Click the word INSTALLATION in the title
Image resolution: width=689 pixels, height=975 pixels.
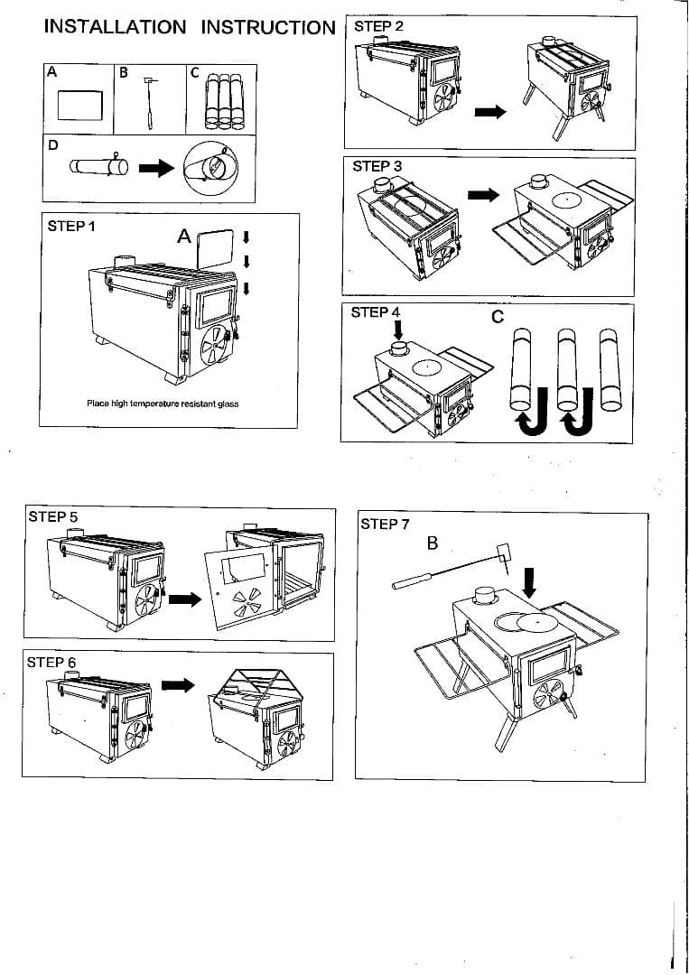pos(115,26)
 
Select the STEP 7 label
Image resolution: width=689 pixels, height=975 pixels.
pos(386,524)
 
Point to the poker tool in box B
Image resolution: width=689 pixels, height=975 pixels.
pos(149,104)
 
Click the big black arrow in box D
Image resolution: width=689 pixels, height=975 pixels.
pos(154,168)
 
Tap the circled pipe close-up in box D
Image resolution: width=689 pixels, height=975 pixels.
pos(212,168)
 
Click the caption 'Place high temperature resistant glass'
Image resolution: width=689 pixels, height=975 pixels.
pos(163,404)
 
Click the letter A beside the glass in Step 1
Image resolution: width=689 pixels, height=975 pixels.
pos(184,237)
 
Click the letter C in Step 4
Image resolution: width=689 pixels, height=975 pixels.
pos(498,318)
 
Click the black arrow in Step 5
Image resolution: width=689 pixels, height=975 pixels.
pos(185,599)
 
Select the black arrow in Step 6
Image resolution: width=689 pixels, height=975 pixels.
pos(178,685)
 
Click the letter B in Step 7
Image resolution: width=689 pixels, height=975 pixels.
pos(433,543)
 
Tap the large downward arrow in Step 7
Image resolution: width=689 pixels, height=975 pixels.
pos(530,582)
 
